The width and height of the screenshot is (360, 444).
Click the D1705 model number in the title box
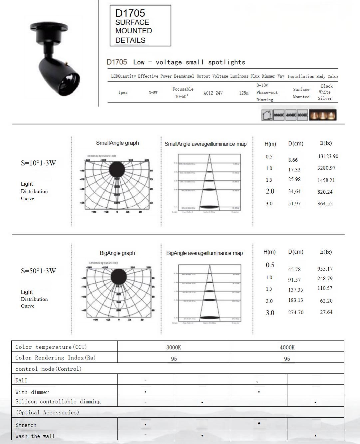130,13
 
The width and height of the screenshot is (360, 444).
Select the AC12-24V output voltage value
213,93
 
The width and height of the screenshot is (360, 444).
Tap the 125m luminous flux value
244,93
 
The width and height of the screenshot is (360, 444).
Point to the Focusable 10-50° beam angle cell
182,93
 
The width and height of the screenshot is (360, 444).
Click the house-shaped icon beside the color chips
267,115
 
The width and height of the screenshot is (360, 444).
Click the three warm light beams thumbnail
323,115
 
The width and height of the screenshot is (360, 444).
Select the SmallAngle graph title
117,143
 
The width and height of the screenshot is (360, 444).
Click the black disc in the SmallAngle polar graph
117,169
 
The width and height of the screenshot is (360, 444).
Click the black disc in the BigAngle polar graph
119,277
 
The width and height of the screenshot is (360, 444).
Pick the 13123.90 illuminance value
328,156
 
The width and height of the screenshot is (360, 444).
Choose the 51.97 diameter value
294,204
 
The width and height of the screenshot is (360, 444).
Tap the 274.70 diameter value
296,313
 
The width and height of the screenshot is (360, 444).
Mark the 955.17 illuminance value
325,269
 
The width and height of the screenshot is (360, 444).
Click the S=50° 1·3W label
38,271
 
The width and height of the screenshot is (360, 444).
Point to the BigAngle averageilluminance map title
204,253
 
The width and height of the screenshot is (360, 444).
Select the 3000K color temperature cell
174,347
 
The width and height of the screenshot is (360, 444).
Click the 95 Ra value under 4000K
287,359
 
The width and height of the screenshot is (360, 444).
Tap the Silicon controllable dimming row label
58,402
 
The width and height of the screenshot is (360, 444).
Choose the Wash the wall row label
35,436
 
